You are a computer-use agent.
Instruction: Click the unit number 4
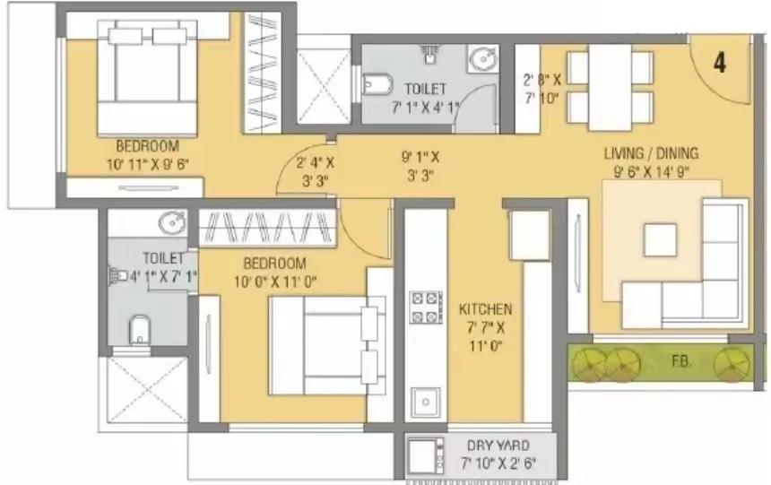click(720, 63)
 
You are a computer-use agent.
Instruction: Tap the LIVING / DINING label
click(650, 153)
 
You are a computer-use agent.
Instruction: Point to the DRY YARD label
click(498, 445)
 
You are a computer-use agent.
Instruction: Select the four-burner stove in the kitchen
click(425, 307)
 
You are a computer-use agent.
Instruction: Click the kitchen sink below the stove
click(425, 399)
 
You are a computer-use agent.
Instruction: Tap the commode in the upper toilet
click(377, 86)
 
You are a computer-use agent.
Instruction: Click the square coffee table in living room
click(661, 239)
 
